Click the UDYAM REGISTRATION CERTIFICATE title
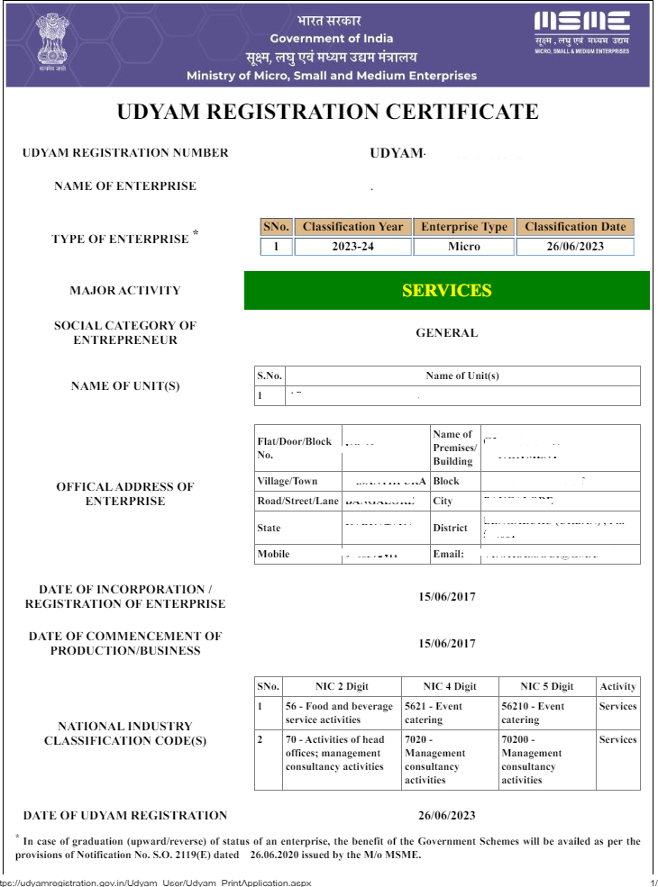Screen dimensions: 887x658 point(328,112)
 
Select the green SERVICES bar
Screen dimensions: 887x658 point(446,290)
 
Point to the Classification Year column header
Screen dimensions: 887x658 point(352,227)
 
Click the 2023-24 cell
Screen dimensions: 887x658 point(352,247)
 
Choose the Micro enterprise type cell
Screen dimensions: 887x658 point(463,247)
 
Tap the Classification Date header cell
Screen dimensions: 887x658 point(574,227)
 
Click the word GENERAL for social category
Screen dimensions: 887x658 point(446,333)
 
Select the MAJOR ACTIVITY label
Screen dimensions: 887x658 point(124,291)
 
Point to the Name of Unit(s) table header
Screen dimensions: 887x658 point(462,376)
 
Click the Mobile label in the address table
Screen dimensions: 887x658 point(273,554)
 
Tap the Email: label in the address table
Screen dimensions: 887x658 point(449,554)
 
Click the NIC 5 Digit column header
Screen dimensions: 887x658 point(537,686)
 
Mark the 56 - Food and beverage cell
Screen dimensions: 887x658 point(339,713)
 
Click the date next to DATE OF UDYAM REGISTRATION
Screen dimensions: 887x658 point(446,816)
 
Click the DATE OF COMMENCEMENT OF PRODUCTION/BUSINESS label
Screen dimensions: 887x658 point(124,643)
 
